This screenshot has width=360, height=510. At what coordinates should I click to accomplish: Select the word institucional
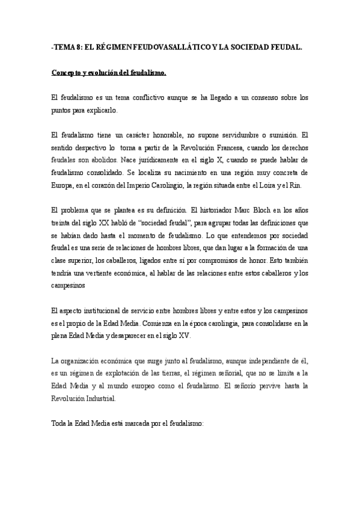pos(100,310)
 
